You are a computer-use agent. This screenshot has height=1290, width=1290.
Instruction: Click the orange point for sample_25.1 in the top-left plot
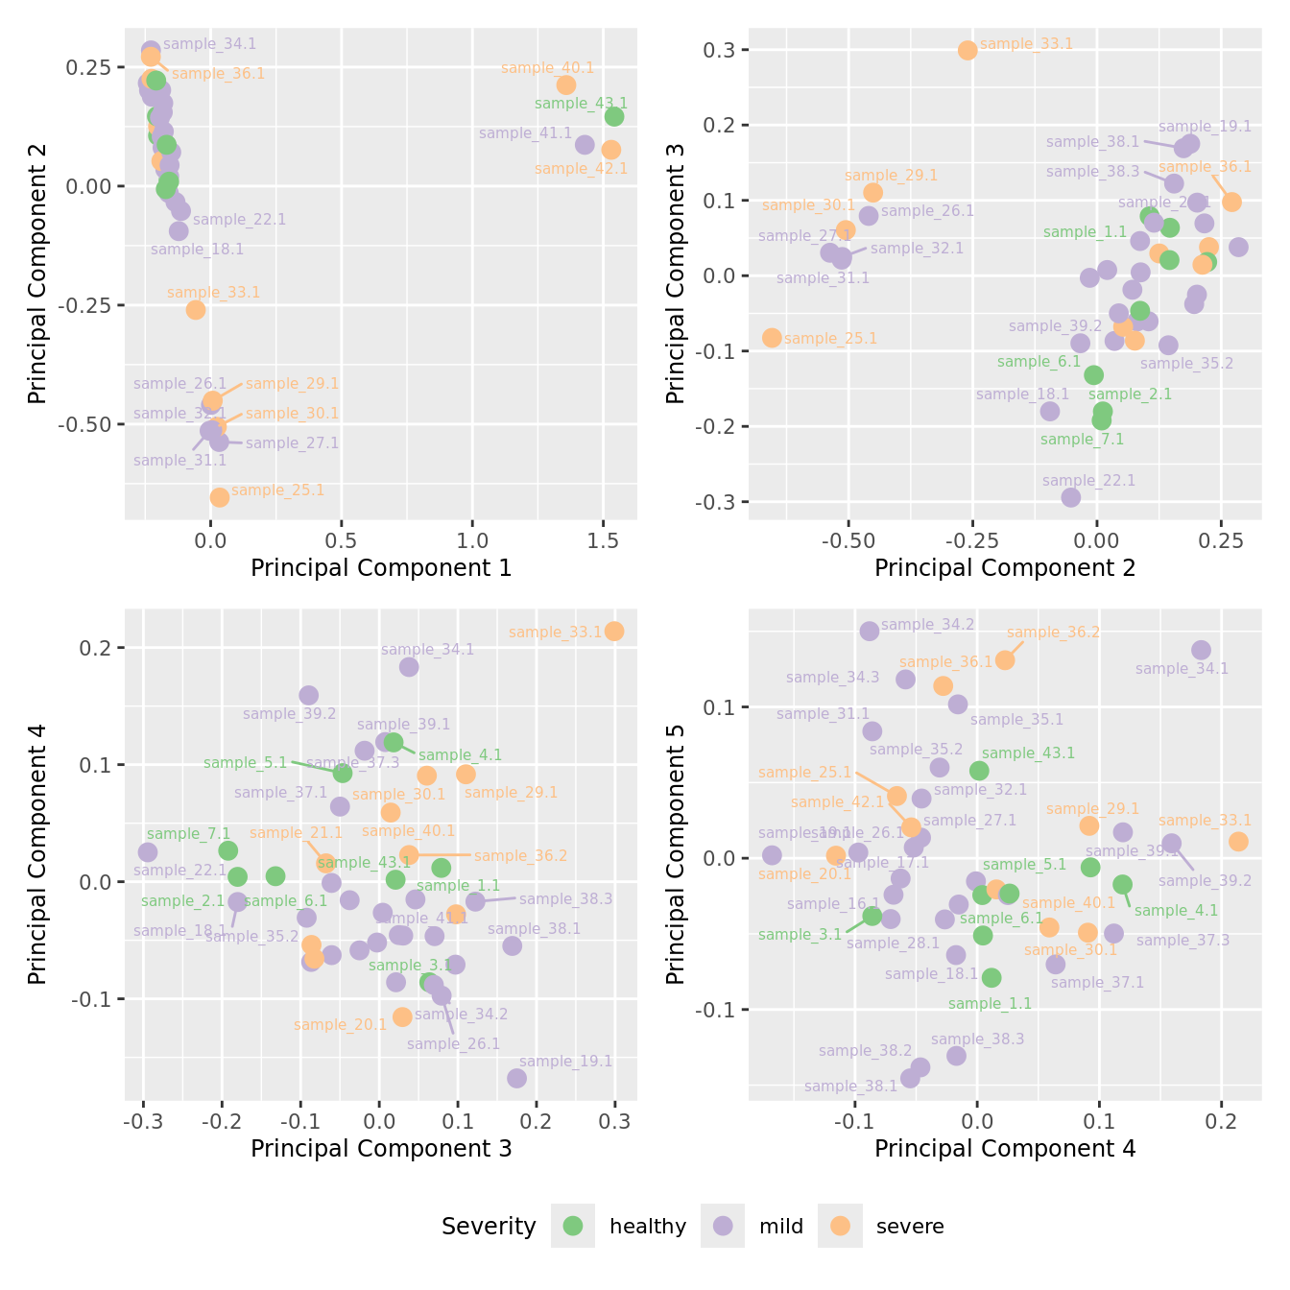220,497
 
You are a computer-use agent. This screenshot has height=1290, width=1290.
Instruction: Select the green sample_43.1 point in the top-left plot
614,117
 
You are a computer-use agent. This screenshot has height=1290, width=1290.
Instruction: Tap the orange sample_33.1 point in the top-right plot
967,50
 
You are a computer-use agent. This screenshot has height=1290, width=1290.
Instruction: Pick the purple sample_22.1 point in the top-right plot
1071,497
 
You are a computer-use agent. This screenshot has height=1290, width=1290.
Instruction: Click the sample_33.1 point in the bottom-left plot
614,632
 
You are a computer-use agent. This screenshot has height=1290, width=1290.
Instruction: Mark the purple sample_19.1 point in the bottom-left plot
517,1079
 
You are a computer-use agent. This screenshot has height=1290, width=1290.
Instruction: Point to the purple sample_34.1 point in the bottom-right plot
1202,651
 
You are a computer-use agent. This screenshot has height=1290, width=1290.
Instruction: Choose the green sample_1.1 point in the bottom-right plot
991,978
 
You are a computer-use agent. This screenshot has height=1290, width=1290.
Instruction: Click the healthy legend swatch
573,1226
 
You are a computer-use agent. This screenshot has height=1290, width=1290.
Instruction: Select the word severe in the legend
910,1227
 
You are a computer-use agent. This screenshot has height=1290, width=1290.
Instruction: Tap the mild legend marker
723,1226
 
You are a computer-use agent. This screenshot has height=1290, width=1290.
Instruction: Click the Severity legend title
489,1227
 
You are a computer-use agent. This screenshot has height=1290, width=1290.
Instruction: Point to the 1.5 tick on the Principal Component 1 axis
603,540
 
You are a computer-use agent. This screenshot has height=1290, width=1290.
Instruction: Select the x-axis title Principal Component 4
1005,1149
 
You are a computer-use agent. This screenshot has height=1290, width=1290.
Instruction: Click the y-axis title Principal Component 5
676,853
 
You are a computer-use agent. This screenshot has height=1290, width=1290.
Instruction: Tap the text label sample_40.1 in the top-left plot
547,68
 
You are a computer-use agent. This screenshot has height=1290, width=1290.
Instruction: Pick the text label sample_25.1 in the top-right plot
830,339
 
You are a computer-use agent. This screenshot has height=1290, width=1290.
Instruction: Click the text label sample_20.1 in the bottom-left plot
340,1025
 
